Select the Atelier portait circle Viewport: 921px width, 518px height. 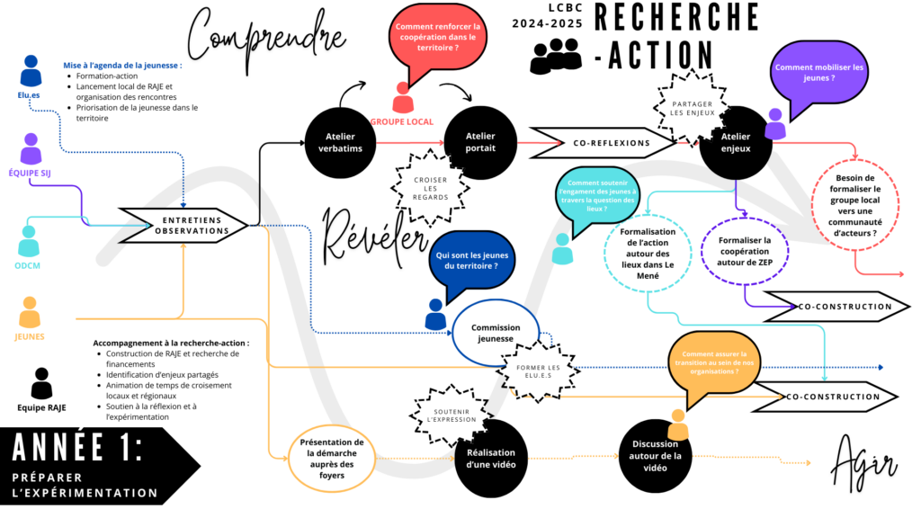pyautogui.click(x=480, y=142)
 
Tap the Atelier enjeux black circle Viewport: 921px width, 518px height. pyautogui.click(x=735, y=142)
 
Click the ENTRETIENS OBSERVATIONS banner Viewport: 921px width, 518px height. pyautogui.click(x=183, y=225)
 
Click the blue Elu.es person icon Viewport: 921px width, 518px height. pyautogui.click(x=31, y=72)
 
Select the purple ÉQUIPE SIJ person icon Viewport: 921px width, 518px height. pyautogui.click(x=31, y=149)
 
